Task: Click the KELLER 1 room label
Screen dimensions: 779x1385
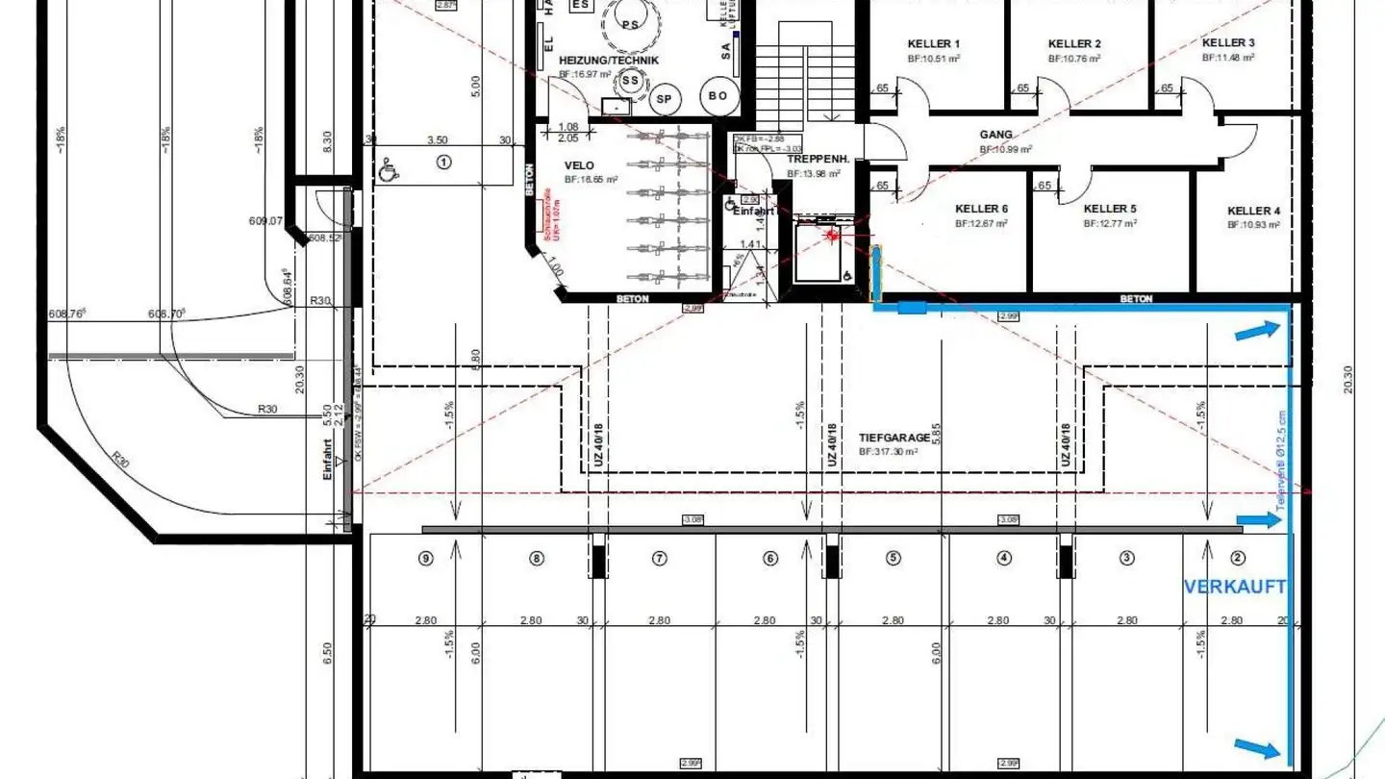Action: coord(933,43)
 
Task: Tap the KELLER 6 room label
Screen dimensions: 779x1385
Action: coord(981,209)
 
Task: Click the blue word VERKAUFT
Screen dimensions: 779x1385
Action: coord(1234,587)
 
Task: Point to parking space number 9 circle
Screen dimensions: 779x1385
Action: coord(427,558)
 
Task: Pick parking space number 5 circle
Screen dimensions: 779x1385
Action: coord(894,558)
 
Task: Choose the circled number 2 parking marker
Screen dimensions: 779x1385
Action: coord(1238,558)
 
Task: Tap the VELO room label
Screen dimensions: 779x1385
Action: coord(580,165)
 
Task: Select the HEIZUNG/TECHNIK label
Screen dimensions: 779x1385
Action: coord(609,60)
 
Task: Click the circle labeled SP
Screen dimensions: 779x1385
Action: coord(664,98)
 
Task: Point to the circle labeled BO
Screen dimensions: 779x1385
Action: coord(718,95)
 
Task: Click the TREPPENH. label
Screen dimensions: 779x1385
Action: coord(813,159)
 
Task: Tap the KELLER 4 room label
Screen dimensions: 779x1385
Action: coord(1253,211)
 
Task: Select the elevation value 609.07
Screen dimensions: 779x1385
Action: coord(265,221)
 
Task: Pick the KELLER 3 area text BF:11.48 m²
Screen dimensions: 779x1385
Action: coord(1228,58)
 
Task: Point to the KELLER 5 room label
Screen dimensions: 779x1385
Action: coord(1110,209)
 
